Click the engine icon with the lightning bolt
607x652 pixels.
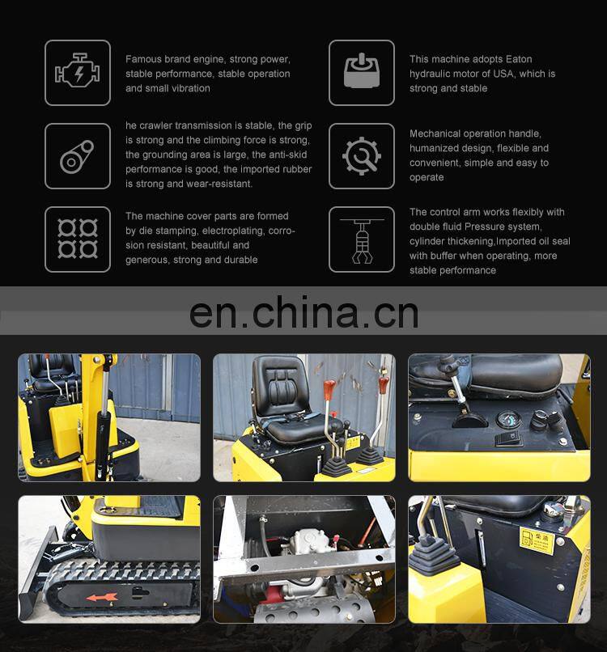click(x=78, y=73)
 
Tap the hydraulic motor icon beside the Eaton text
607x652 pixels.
click(x=361, y=73)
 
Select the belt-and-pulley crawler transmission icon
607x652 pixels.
click(x=78, y=156)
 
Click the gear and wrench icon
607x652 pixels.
click(x=361, y=156)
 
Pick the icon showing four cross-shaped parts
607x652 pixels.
click(x=78, y=239)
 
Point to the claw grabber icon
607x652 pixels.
click(x=361, y=239)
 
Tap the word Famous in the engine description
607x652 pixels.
click(x=143, y=59)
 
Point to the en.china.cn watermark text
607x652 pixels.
click(x=303, y=311)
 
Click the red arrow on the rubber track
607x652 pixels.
click(x=102, y=598)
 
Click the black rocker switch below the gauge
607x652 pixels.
click(x=509, y=440)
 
